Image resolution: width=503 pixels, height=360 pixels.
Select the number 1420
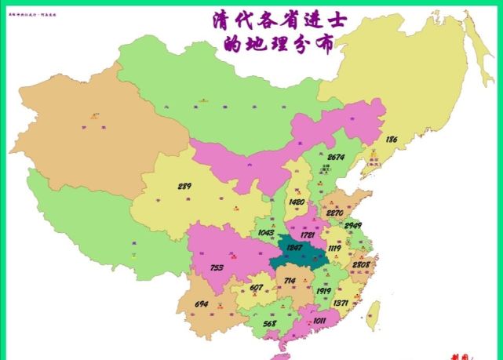point(297,202)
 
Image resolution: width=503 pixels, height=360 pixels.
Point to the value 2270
point(335,212)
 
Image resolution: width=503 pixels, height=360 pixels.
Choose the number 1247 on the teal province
point(294,249)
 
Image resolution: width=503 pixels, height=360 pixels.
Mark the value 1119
point(334,249)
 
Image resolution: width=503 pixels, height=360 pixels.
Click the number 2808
point(362,265)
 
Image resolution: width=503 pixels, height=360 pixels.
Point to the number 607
point(257,288)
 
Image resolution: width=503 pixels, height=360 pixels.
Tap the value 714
point(290,281)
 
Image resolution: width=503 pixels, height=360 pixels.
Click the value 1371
point(341,303)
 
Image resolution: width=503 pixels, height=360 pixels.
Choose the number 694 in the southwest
point(201,304)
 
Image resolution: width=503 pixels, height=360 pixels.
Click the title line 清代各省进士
point(273,20)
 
